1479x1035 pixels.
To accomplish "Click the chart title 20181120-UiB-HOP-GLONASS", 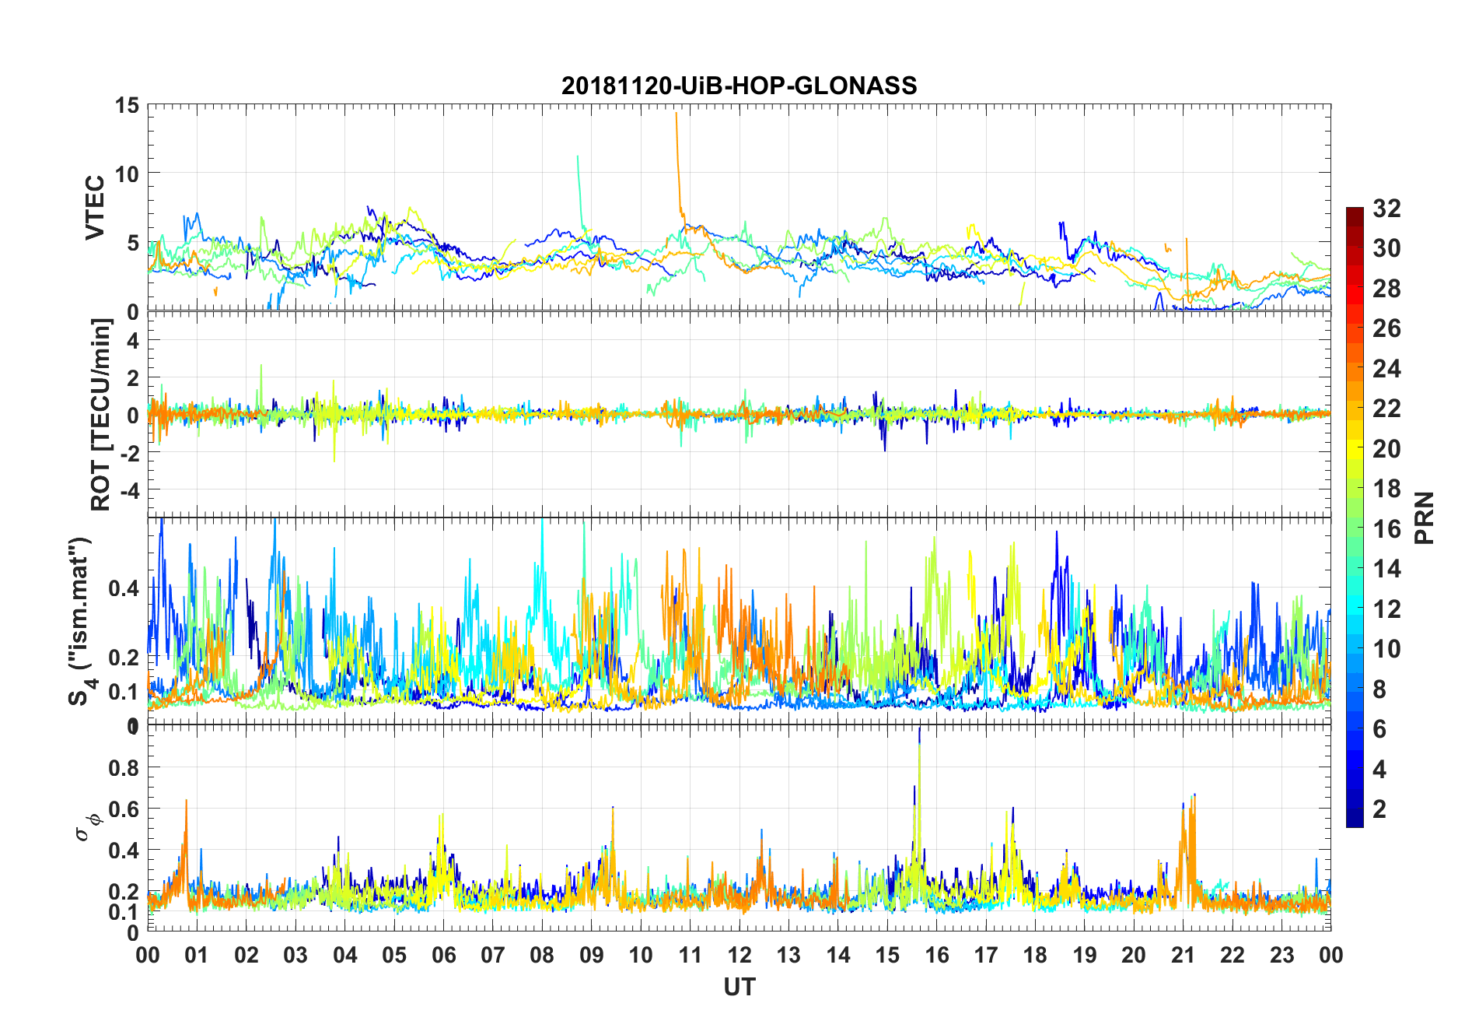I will tap(739, 86).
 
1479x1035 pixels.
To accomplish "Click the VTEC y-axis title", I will tap(95, 208).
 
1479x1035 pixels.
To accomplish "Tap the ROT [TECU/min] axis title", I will tap(101, 414).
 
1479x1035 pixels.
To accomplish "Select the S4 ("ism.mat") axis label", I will tap(80, 621).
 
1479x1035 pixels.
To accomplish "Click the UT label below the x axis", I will tap(739, 988).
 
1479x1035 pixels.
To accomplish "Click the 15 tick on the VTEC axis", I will tap(127, 105).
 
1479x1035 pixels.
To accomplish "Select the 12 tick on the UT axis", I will tap(739, 955).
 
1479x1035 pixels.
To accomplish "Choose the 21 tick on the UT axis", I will tap(1183, 955).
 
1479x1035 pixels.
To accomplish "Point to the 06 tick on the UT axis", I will tap(444, 955).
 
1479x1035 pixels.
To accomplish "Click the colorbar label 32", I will tap(1387, 209).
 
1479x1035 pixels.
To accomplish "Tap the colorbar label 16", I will tap(1387, 529).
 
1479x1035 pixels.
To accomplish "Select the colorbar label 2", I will tap(1379, 809).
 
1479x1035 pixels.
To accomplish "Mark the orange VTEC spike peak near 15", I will tap(677, 114).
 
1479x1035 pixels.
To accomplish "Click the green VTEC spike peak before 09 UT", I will tap(577, 156).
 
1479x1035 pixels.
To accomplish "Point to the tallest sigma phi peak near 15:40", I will tap(920, 730).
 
